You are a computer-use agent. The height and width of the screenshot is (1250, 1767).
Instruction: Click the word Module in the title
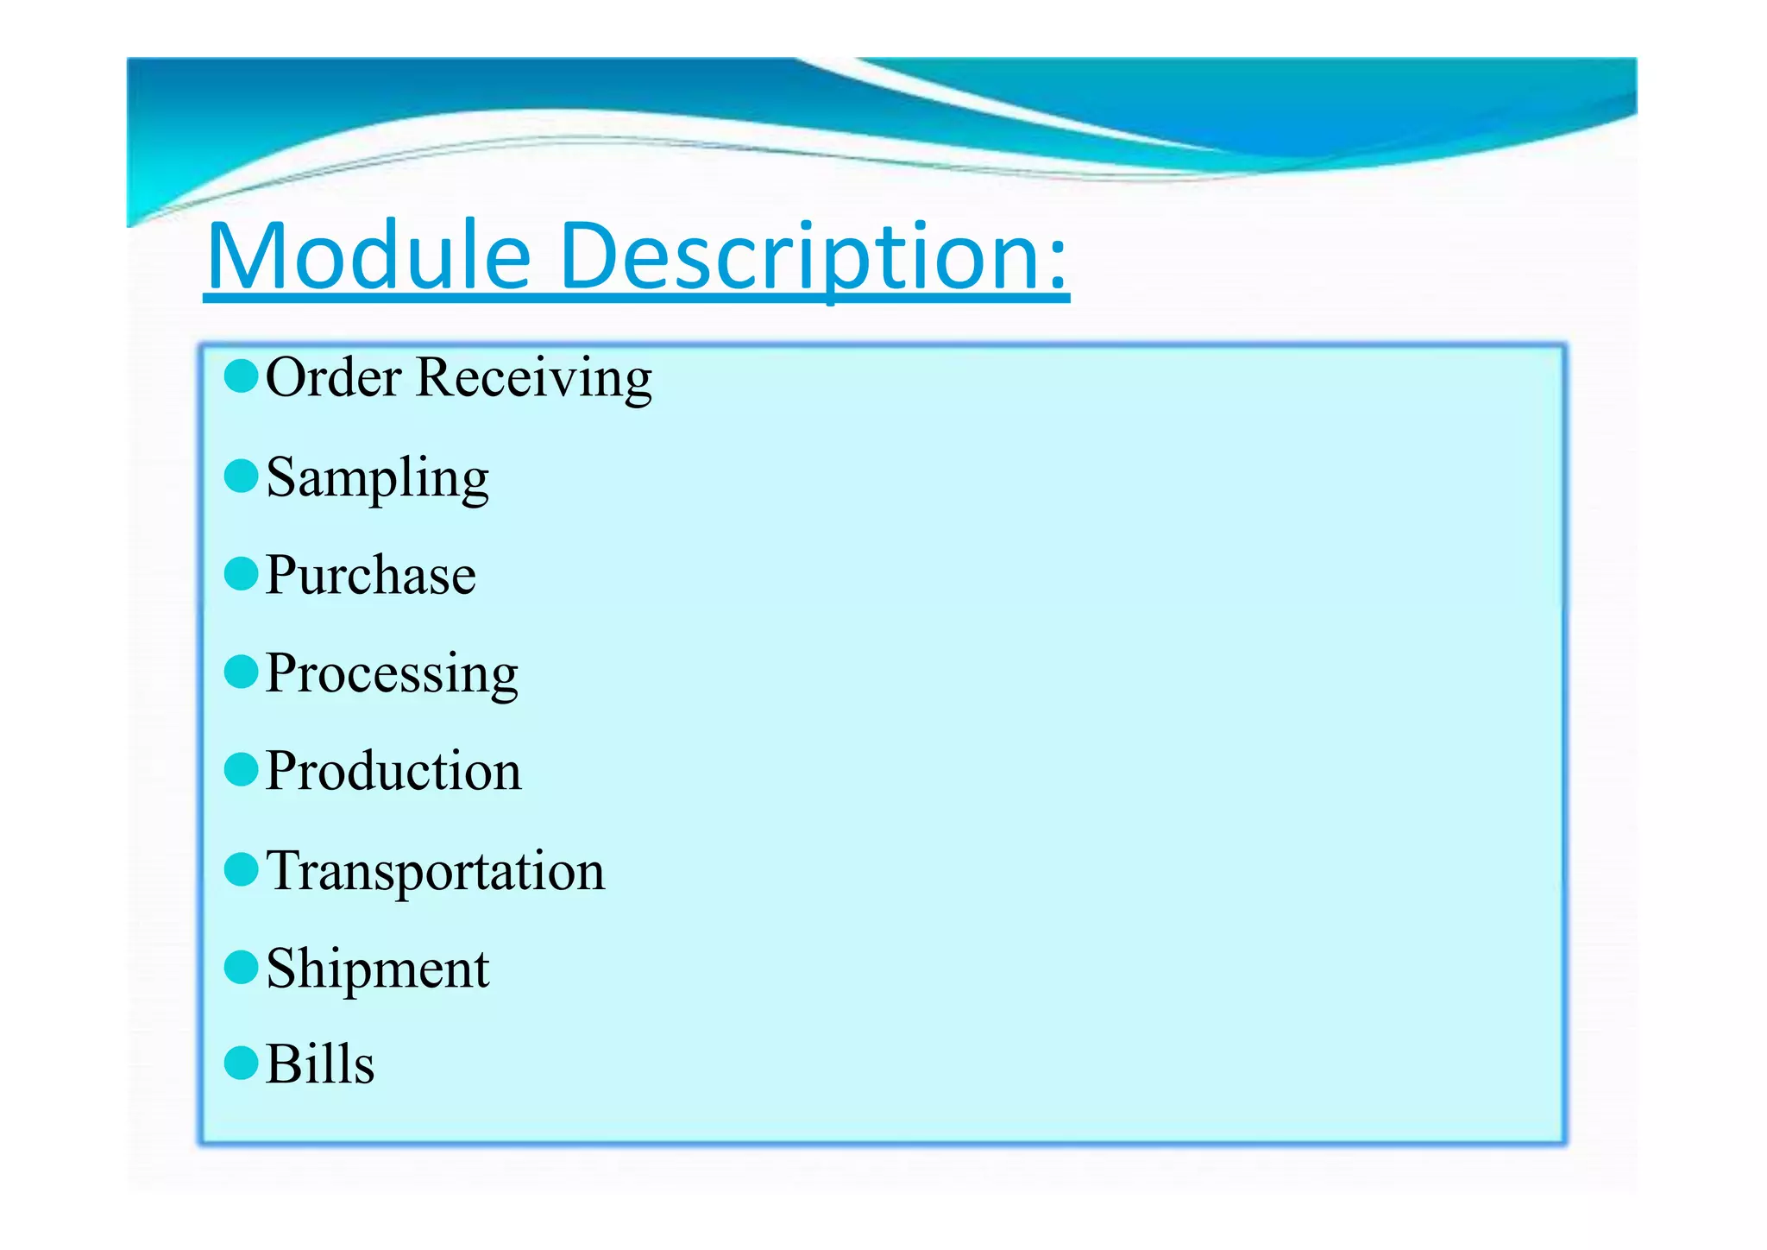point(369,256)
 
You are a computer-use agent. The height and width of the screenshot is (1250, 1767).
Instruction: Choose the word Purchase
point(370,576)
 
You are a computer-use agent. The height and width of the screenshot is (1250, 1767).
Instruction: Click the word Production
point(393,772)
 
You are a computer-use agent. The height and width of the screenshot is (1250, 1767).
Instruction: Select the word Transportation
point(436,871)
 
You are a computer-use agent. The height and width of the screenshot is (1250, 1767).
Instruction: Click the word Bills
point(320,1064)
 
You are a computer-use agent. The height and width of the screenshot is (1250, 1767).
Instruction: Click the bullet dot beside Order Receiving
point(241,376)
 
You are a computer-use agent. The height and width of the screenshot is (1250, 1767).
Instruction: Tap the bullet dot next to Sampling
point(241,476)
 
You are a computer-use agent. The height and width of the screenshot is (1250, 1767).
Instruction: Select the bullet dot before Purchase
point(241,574)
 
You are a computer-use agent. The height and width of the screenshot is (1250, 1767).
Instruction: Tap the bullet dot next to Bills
point(241,1064)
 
